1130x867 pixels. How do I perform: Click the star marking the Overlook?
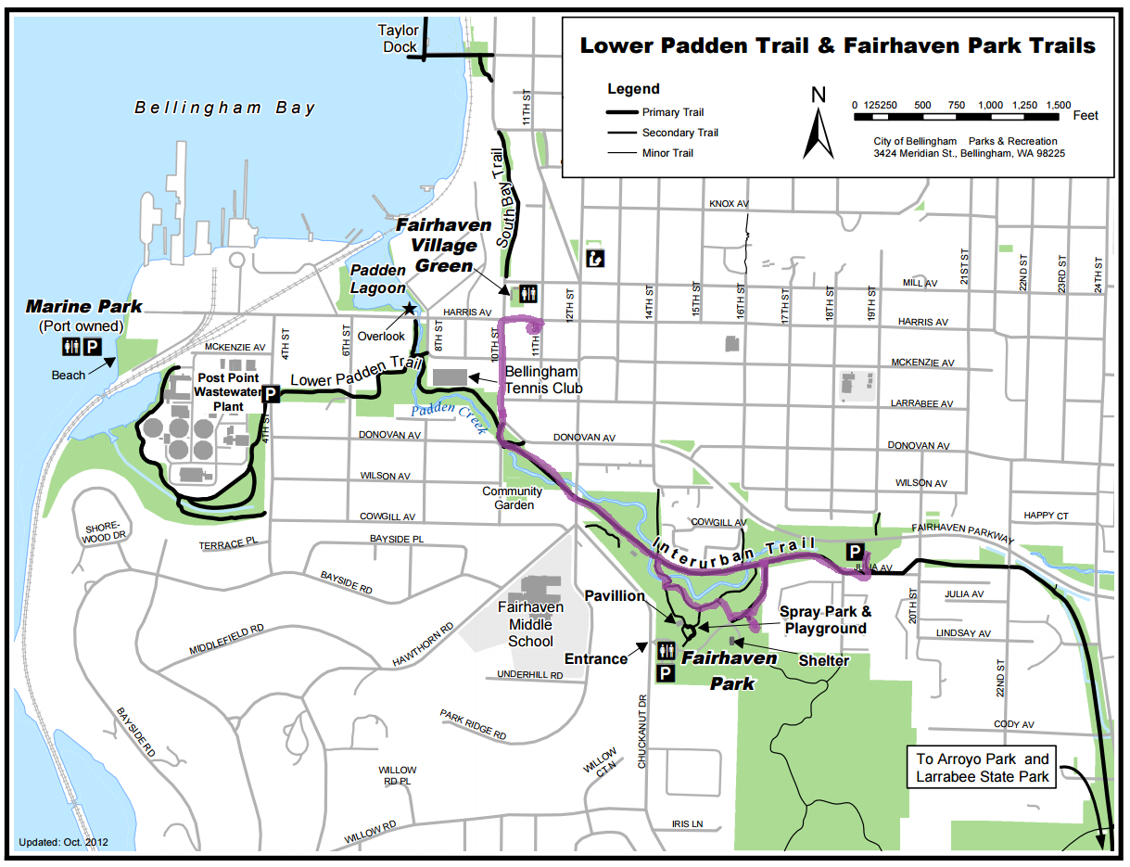point(408,308)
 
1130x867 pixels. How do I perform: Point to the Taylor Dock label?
point(399,39)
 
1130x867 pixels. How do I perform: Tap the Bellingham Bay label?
point(225,108)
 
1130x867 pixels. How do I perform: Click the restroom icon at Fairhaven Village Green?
point(528,293)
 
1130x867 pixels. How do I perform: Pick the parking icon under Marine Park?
point(93,347)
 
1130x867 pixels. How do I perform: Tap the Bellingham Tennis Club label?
point(543,381)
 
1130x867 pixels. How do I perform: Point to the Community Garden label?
point(513,498)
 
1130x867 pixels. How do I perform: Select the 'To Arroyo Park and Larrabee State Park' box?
point(983,768)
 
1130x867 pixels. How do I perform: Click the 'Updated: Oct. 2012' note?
point(64,842)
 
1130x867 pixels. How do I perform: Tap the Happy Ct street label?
point(1046,516)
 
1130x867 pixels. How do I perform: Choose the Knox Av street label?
point(729,204)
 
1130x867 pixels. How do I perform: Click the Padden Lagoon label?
point(377,279)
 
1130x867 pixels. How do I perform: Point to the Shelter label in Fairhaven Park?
point(823,660)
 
